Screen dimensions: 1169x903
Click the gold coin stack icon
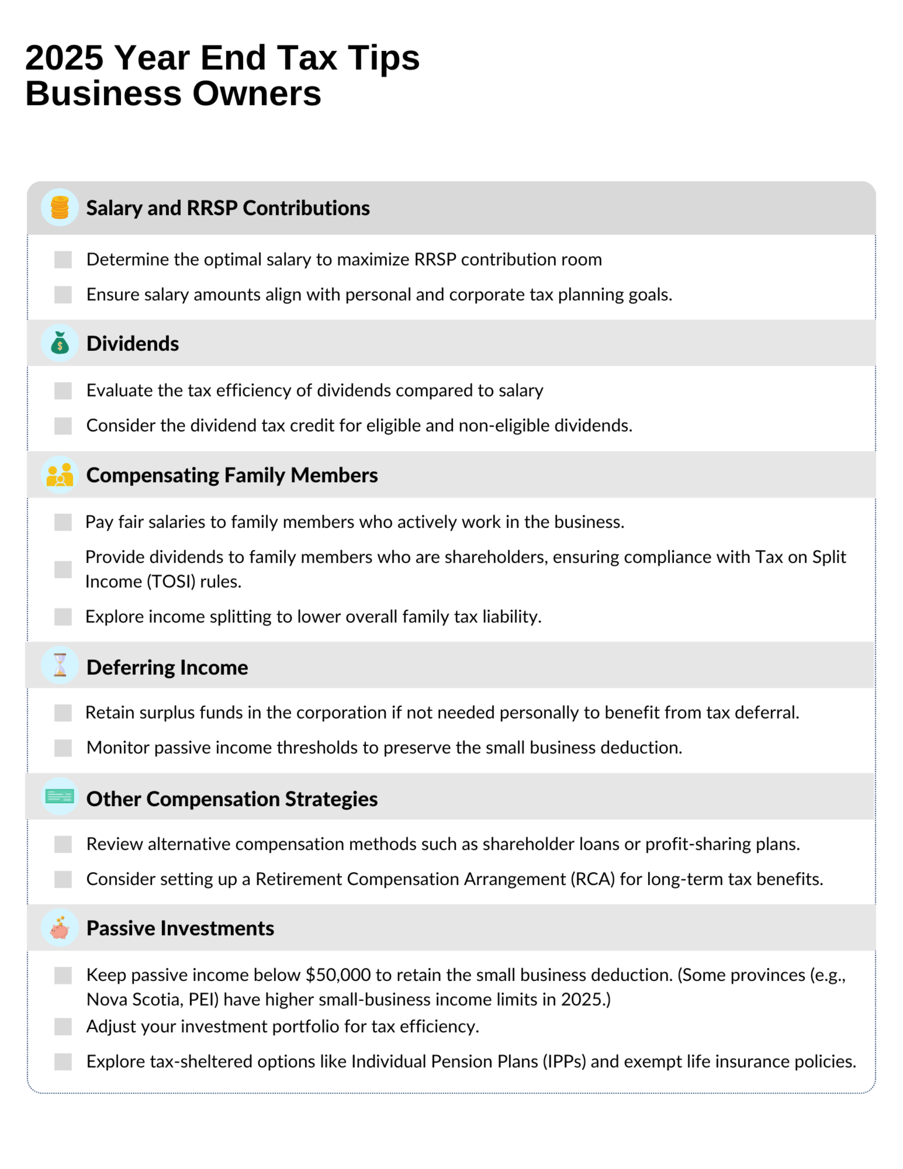pos(59,207)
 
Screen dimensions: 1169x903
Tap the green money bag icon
pos(59,343)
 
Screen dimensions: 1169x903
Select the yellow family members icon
pos(59,475)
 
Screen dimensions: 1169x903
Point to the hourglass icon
pos(59,665)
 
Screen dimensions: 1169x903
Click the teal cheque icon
pos(59,797)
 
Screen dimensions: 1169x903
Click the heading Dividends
pos(132,344)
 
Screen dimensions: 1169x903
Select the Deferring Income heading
pos(167,668)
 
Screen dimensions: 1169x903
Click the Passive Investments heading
pos(180,928)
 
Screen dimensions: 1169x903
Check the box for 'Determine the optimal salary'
pos(63,260)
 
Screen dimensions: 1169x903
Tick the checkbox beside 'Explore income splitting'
pos(63,617)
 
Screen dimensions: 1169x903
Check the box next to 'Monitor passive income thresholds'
pos(63,748)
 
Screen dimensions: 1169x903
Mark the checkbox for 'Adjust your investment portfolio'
pos(63,1027)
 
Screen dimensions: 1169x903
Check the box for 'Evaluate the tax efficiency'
pos(63,391)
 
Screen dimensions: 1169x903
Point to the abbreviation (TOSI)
pos(170,581)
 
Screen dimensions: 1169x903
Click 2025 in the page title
pos(64,58)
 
